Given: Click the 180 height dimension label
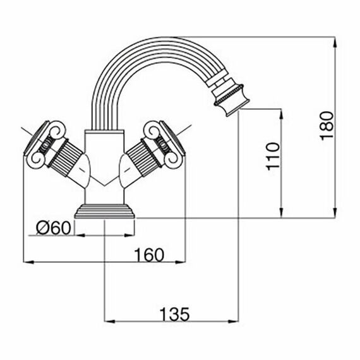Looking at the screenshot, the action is pyautogui.click(x=327, y=126).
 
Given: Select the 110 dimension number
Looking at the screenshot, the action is pyautogui.click(x=273, y=157).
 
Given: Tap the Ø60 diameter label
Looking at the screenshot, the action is pyautogui.click(x=54, y=228).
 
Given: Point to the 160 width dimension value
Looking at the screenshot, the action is pyautogui.click(x=149, y=255).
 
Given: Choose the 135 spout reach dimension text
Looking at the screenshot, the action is pyautogui.click(x=174, y=315).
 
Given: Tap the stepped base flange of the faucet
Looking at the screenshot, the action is pyautogui.click(x=105, y=211).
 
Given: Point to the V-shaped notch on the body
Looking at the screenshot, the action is pyautogui.click(x=104, y=181).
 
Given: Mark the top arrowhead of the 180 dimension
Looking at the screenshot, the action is pyautogui.click(x=335, y=42).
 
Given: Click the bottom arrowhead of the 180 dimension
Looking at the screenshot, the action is pyautogui.click(x=335, y=212).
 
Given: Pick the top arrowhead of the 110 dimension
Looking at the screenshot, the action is pyautogui.click(x=282, y=114).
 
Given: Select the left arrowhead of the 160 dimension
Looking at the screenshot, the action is pyautogui.click(x=29, y=262).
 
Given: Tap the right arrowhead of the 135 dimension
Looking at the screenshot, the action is pyautogui.click(x=234, y=321).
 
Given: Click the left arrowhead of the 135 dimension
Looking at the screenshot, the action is pyautogui.click(x=109, y=321).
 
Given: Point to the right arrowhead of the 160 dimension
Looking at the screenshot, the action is pyautogui.click(x=180, y=262).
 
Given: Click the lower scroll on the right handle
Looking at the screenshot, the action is pyautogui.click(x=174, y=159).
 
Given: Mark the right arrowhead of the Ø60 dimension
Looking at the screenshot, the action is pyautogui.click(x=129, y=236).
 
